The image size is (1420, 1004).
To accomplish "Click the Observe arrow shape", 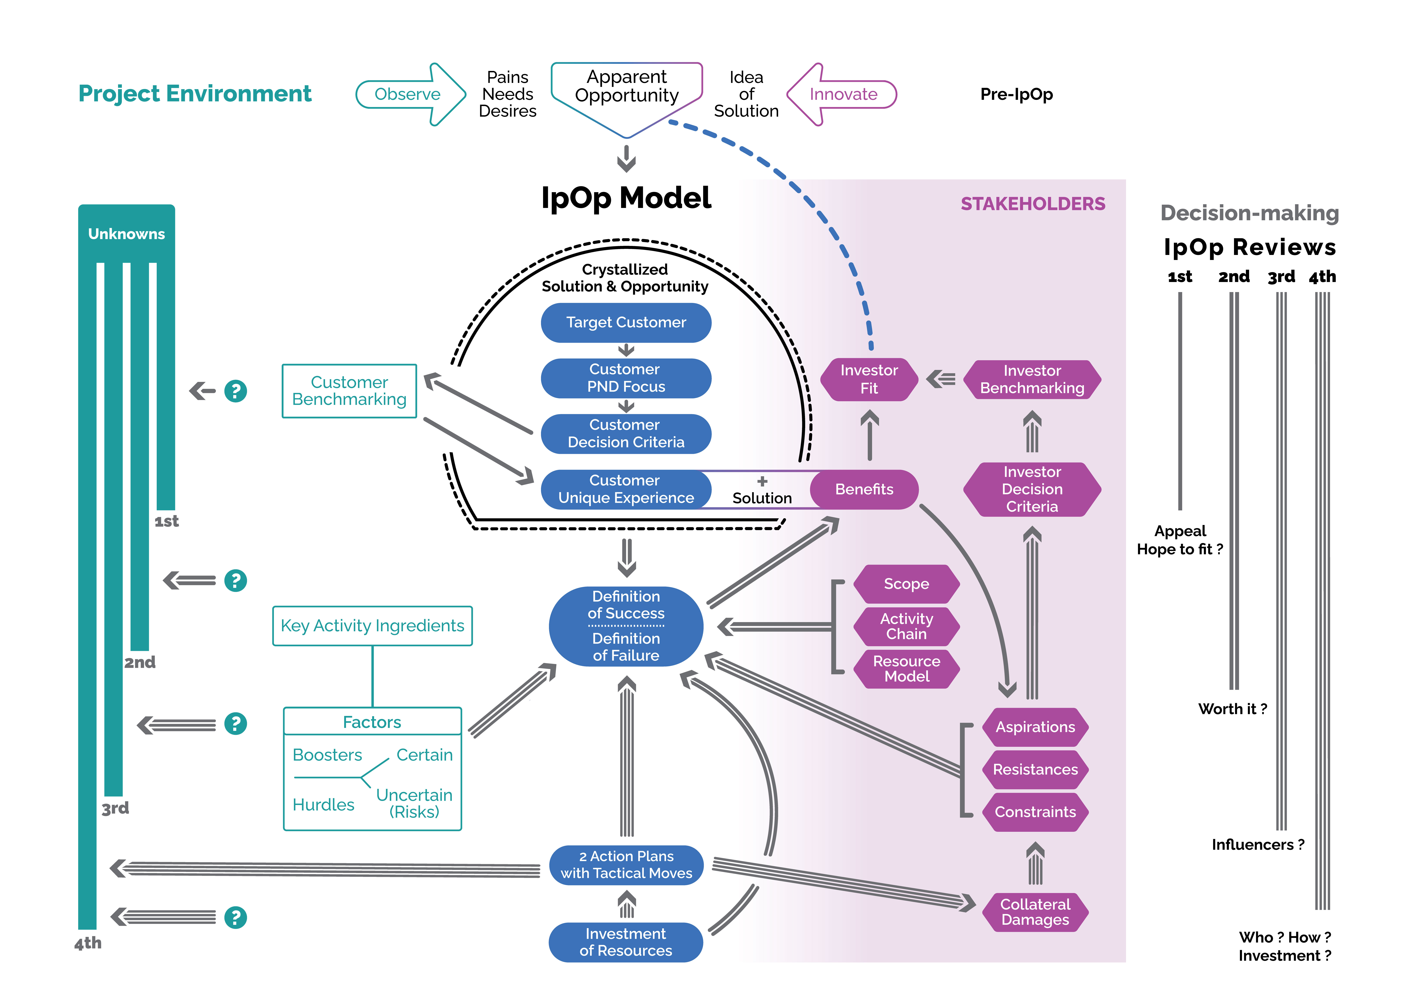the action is coord(411,94).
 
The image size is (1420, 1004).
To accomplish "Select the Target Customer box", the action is coord(626,322).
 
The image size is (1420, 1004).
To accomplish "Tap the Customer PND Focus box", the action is coord(626,378).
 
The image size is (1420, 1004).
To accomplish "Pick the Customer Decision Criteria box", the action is coord(626,434).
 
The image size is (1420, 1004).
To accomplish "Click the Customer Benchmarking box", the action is coord(349,391).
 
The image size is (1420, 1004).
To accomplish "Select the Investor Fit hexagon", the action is coord(869,379).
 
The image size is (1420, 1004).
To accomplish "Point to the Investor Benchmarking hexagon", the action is coord(1032,379).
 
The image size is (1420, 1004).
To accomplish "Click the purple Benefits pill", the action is coord(864,489).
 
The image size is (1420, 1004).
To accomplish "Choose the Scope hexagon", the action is coord(907,584).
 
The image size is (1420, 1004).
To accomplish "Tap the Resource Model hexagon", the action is coord(907,669).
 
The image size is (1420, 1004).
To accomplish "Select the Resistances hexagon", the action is coord(1035,770).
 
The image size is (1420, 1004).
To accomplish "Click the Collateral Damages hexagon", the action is coord(1035,912).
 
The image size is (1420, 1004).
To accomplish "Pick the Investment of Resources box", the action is coord(626,942).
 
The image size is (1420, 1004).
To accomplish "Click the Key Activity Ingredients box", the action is coord(372,626).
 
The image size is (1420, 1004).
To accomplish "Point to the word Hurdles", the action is coord(323,805).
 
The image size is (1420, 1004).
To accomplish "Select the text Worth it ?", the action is coord(1233,709).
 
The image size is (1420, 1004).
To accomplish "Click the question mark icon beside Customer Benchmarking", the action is coord(236,391).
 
